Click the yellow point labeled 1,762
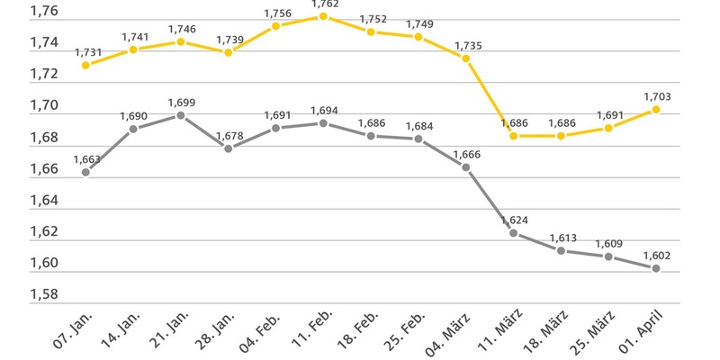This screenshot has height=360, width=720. (323, 16)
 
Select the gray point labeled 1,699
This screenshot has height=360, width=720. (181, 115)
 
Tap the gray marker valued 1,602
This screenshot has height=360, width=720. (656, 268)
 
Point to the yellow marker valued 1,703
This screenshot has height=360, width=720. (656, 110)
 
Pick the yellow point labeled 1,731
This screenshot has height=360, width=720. (85, 65)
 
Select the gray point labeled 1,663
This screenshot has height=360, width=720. (85, 172)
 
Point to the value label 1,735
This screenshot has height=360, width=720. (466, 45)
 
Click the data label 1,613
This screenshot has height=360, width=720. (561, 237)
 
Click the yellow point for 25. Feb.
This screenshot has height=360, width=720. (418, 37)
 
